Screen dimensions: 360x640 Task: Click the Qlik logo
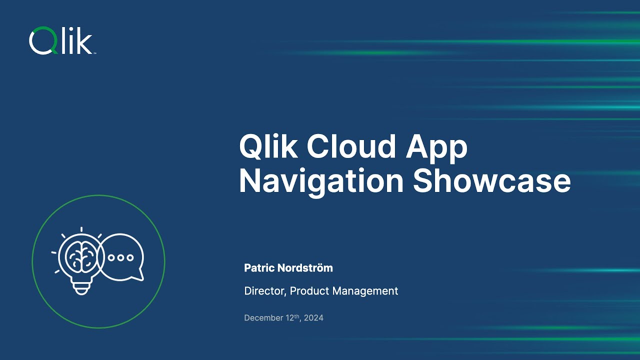click(61, 41)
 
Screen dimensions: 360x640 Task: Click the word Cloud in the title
click(344, 147)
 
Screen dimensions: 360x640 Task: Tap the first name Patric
click(259, 268)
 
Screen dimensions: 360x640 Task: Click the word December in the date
click(263, 318)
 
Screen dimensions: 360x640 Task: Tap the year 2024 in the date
click(314, 318)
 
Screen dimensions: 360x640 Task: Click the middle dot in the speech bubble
click(121, 257)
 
